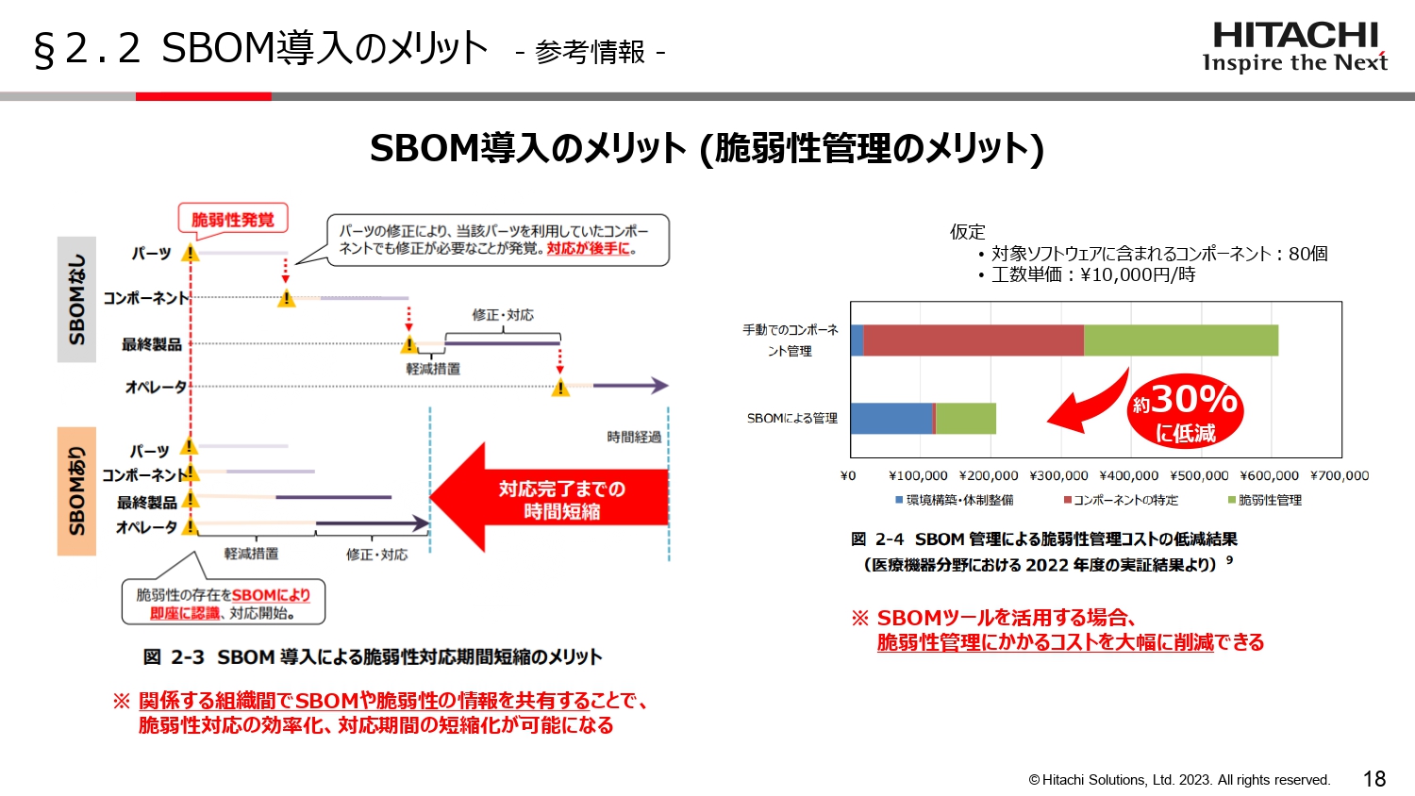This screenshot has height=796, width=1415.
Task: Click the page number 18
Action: coord(1373,779)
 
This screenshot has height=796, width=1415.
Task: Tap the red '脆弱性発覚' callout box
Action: coord(232,219)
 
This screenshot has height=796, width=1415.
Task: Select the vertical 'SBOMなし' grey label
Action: coord(76,299)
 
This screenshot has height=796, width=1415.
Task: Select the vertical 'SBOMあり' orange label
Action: coord(76,490)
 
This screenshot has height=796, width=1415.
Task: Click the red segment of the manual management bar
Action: coord(973,340)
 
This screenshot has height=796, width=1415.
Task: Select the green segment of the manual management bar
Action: coord(1180,340)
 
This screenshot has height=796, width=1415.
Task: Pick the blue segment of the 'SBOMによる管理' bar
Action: coord(891,418)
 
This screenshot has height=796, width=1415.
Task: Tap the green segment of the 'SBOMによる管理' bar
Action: coord(965,418)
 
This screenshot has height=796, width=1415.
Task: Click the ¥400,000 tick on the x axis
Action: coord(1128,476)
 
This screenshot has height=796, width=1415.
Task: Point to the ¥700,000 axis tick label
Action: coord(1339,476)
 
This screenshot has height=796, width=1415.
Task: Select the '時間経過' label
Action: coord(634,437)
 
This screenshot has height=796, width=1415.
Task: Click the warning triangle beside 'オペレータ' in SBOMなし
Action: coord(560,388)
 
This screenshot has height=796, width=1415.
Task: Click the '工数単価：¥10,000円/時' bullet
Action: coord(1092,274)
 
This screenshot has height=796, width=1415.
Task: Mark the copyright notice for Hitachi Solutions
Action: coord(1178,780)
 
